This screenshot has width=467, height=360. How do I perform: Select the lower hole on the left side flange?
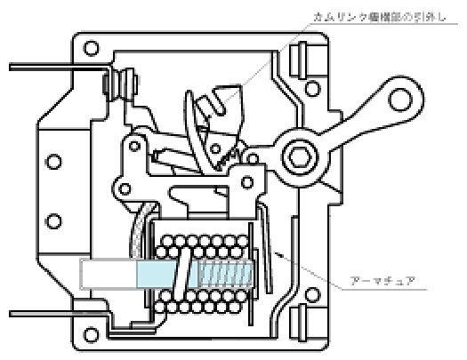(x=55, y=220)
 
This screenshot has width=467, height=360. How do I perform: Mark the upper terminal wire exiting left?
(x=53, y=65)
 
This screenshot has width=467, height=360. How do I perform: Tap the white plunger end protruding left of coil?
(x=107, y=273)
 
